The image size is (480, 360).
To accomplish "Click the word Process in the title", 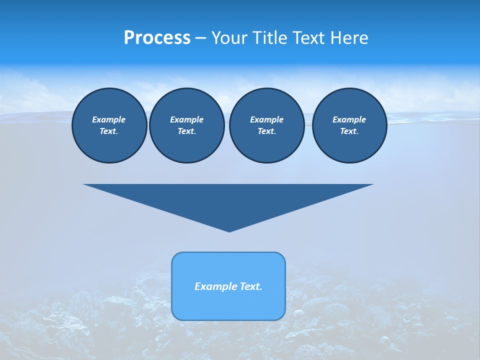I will coord(157,37).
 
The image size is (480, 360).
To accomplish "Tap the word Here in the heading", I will coord(348,37).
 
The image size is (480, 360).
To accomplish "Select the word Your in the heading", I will coord(230,37).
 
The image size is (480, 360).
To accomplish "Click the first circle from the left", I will coord(109,125).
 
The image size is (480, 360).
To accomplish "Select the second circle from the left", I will coord(186,125).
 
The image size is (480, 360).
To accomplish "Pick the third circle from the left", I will coord(266,125).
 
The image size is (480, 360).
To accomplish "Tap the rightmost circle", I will coord(349,125).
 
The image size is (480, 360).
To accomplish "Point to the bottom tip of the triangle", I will coord(229,230).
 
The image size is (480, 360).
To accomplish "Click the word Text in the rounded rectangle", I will coord(250,286).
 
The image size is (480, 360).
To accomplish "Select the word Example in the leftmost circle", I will coord(109,119).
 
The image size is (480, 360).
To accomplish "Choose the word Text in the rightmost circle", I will coord(348,131).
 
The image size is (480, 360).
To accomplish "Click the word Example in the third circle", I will coord(266,119).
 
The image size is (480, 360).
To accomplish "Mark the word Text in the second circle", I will coord(186,131).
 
